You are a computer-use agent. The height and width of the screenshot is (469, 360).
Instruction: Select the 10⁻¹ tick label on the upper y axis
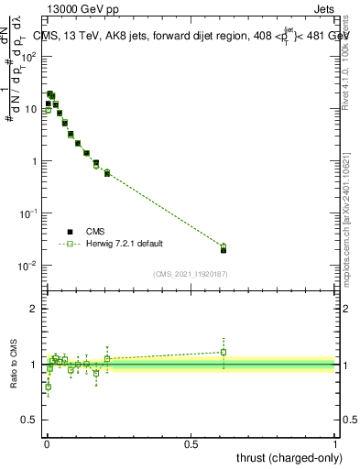[30, 213]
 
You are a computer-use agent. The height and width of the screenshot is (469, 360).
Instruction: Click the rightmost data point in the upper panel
[224, 248]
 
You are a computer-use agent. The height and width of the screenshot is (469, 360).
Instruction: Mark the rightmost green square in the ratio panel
[224, 352]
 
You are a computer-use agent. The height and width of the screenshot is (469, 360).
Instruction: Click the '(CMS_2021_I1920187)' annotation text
[190, 274]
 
